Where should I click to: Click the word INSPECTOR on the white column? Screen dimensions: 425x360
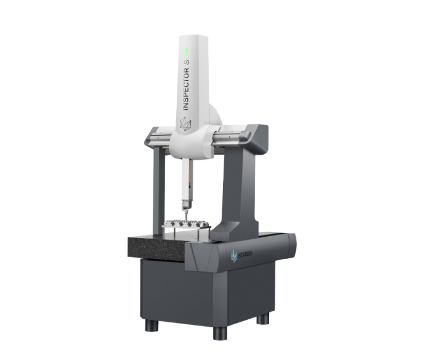coord(186,89)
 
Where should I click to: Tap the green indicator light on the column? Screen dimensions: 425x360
coord(187,52)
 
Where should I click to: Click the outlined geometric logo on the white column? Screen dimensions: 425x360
coord(186,124)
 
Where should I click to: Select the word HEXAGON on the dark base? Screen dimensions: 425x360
coord(245,254)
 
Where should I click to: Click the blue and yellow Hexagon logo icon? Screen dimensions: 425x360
coord(233,256)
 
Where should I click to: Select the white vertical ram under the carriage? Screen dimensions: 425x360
coord(187,179)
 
